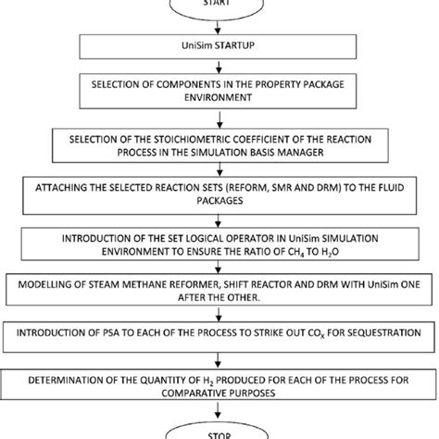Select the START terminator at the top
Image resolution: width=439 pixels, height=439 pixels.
click(x=219, y=5)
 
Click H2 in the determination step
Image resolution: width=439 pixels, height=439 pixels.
click(x=214, y=378)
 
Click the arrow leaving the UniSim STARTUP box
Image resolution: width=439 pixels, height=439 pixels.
click(x=219, y=64)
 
